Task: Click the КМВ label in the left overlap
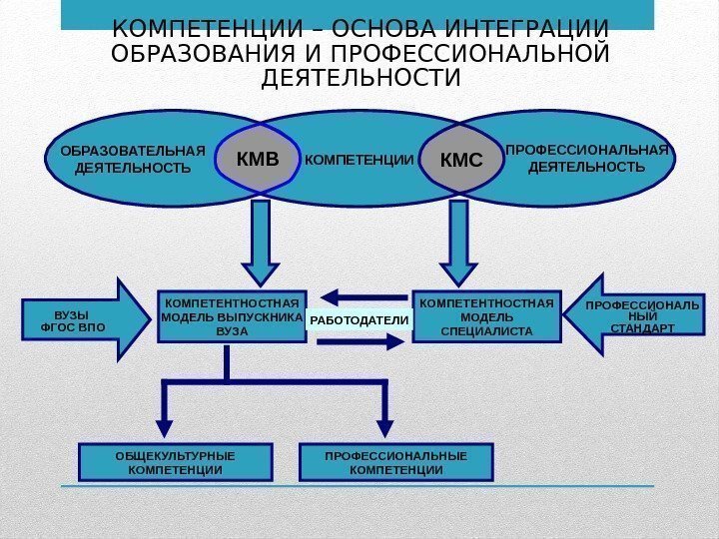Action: point(257,159)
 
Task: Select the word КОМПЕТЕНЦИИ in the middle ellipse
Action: point(359,159)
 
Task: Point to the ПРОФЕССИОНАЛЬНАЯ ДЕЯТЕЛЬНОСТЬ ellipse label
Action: point(586,159)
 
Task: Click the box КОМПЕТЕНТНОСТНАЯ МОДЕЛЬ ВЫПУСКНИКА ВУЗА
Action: point(232,316)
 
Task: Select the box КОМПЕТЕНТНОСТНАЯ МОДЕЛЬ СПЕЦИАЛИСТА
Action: point(486,316)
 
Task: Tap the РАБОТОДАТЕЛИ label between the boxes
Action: point(359,319)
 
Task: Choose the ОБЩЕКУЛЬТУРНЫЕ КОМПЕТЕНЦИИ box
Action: point(176,462)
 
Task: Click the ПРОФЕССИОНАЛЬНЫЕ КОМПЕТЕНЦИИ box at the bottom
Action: point(396,462)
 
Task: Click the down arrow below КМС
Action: point(458,245)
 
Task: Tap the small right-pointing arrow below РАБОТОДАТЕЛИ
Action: point(361,341)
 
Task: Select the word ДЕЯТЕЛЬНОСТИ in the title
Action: point(359,77)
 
